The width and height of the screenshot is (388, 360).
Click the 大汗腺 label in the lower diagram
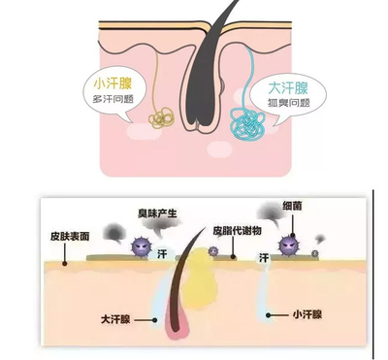point(115,317)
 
